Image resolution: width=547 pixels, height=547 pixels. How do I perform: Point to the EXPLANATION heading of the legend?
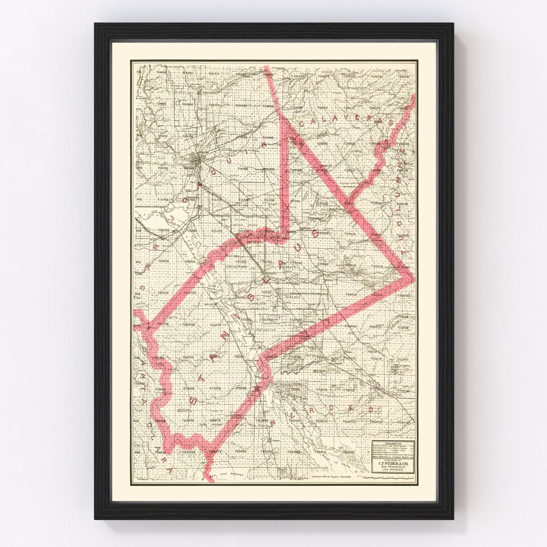click(x=393, y=443)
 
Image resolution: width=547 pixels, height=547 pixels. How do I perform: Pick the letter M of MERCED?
click(x=274, y=421)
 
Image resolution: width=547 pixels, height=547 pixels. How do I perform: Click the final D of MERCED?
click(x=371, y=409)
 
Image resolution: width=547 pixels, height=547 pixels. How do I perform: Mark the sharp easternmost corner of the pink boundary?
click(x=413, y=278)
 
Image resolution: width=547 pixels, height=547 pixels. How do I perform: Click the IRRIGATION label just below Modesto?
click(x=236, y=266)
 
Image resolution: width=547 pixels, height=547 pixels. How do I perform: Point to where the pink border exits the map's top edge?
click(x=267, y=66)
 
